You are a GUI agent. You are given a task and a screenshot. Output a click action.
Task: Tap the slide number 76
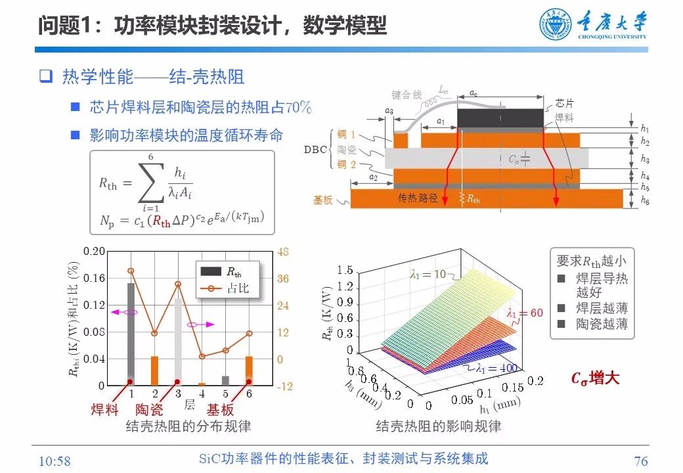pos(641,461)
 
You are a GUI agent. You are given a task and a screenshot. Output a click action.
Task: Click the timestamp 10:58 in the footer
pos(55,461)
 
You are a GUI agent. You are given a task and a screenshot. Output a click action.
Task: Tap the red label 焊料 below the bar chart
pos(104,410)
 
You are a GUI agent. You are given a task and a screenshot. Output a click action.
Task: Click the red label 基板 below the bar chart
pos(220,410)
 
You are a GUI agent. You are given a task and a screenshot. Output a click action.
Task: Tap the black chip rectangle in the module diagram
pos(500,118)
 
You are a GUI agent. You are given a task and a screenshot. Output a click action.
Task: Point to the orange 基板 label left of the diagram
pos(327,198)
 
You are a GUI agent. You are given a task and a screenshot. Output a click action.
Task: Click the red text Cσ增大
pos(595,378)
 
